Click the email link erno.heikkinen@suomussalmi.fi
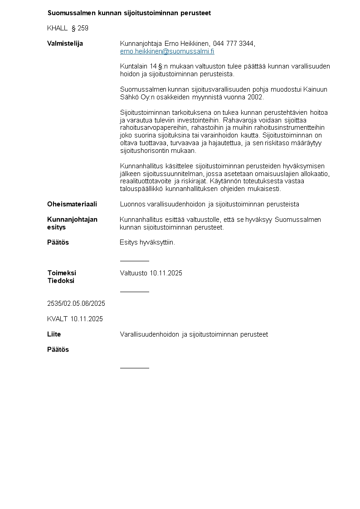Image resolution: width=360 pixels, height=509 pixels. (x=167, y=51)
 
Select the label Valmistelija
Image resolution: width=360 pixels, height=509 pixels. (x=65, y=44)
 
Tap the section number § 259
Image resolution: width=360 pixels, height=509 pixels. (x=80, y=28)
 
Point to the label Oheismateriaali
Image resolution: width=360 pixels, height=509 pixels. (x=72, y=204)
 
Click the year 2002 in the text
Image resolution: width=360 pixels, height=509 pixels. (x=255, y=97)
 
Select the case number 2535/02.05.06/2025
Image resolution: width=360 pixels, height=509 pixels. (x=76, y=303)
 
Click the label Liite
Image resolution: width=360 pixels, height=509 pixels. (x=54, y=334)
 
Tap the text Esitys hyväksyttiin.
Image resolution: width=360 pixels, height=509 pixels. (x=147, y=242)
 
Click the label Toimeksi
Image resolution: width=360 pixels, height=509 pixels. (x=62, y=273)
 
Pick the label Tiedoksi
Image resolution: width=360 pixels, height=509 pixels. (x=61, y=280)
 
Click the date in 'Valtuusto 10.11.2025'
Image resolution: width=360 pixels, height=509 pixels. (x=166, y=273)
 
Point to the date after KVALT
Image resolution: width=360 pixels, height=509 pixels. (x=87, y=319)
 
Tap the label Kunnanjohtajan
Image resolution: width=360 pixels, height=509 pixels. (x=72, y=220)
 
